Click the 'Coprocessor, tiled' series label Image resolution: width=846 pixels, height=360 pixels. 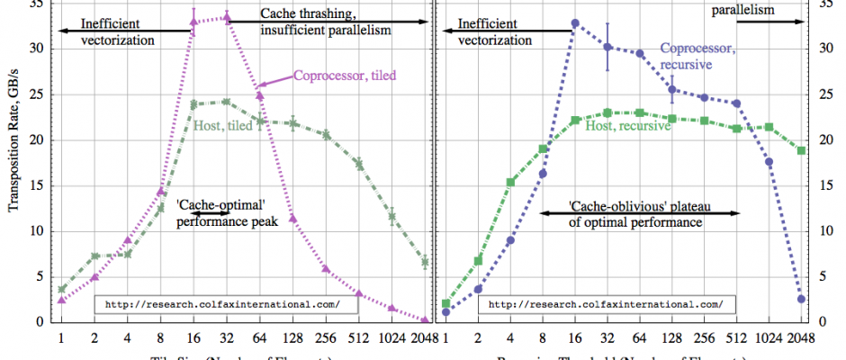tap(345, 76)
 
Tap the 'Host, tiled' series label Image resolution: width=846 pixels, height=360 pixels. tap(223, 126)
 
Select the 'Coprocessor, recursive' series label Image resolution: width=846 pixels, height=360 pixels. tap(699, 57)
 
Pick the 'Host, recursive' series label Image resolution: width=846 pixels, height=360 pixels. tap(629, 127)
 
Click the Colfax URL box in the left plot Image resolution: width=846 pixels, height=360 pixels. tap(222, 304)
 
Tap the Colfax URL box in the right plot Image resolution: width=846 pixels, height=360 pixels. tap(606, 304)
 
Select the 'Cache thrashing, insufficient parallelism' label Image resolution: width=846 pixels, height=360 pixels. tap(325, 22)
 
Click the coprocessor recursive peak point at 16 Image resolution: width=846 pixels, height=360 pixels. tap(575, 23)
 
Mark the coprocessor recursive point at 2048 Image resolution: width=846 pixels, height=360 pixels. tap(801, 299)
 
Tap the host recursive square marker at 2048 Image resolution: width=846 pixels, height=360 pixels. tap(801, 150)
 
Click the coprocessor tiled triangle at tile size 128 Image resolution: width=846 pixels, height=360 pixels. tap(292, 218)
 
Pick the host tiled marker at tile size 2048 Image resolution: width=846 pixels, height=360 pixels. tap(425, 262)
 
